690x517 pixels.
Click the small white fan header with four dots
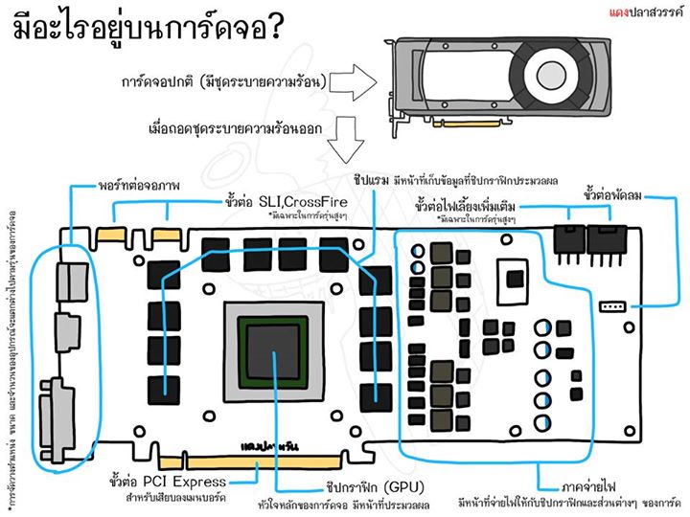[608, 308]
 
